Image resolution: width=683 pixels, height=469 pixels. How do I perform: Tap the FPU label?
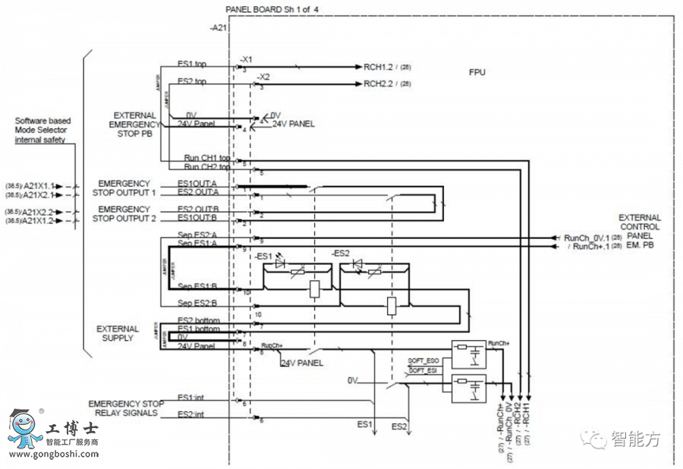(x=477, y=73)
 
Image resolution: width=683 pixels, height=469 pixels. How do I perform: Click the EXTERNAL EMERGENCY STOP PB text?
(x=135, y=124)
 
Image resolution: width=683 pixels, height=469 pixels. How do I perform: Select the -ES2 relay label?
(x=341, y=253)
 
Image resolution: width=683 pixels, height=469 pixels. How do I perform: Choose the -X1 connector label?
(x=245, y=58)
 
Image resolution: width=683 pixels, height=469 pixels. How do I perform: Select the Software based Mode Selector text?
(x=43, y=130)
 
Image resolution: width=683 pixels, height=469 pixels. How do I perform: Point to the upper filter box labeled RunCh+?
(x=468, y=354)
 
